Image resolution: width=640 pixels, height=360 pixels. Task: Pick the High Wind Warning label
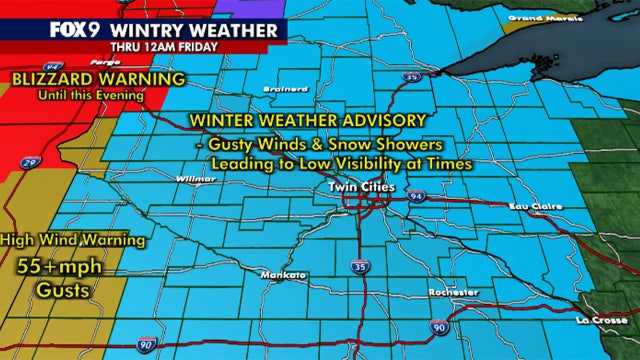pos(74,240)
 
